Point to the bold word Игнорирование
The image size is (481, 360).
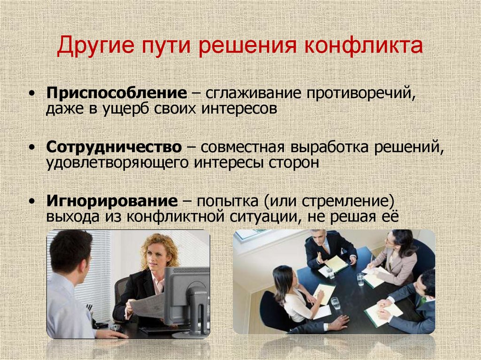(x=112, y=202)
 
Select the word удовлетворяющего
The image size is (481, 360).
(x=107, y=163)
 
